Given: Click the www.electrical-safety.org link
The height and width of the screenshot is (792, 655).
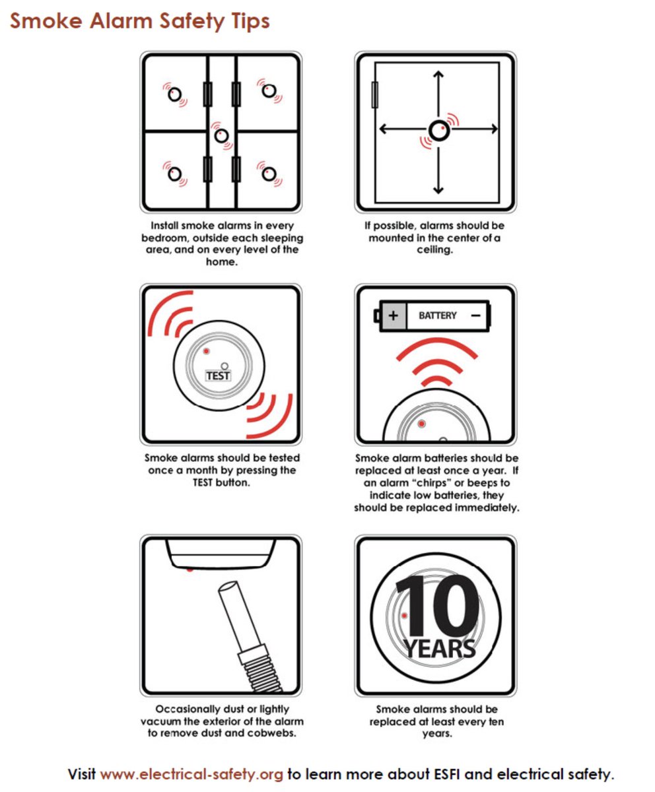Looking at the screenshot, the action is coord(191,774).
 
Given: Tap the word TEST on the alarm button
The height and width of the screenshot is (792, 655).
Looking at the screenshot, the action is coord(218,376).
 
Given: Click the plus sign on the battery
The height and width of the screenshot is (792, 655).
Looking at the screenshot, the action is coord(394,315).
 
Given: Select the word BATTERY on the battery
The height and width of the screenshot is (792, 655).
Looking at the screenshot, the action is coord(438,315).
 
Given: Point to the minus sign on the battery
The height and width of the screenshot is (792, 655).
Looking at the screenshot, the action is coord(476,315).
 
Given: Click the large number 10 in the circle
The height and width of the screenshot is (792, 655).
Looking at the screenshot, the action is coord(438,607).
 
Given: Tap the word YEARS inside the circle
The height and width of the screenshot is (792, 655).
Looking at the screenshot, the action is coord(439,648).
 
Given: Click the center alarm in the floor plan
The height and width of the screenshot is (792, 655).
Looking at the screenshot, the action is coord(222,135).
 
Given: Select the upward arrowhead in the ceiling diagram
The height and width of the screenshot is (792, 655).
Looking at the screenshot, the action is coord(438,74).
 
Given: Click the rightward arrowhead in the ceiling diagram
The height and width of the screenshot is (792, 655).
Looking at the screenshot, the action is coord(495,129).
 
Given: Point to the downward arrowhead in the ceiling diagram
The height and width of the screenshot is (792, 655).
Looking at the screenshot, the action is coord(438,190).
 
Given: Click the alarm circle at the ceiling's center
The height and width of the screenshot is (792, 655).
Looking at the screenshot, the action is coord(439,131).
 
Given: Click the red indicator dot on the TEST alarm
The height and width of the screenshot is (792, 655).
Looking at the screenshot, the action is coord(207,351).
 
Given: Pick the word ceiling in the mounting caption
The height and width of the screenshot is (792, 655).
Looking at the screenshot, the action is coord(435,250).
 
